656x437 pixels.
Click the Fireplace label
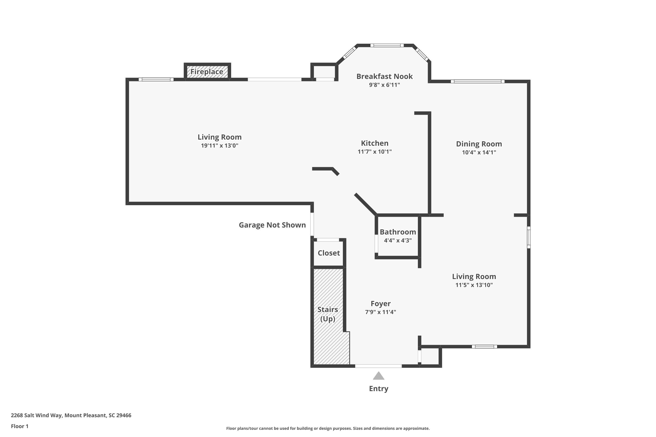pyautogui.click(x=207, y=72)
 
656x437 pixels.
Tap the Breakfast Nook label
pyautogui.click(x=384, y=76)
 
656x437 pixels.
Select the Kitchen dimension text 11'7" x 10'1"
pyautogui.click(x=375, y=152)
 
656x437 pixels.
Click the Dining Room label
pyautogui.click(x=479, y=144)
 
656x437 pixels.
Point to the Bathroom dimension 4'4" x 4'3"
pyautogui.click(x=398, y=240)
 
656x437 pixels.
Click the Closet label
pyautogui.click(x=329, y=253)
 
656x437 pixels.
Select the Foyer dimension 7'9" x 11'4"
pyautogui.click(x=380, y=312)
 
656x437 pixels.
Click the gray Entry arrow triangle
pyautogui.click(x=379, y=376)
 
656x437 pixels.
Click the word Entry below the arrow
pyautogui.click(x=379, y=388)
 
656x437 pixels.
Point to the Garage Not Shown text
pyautogui.click(x=272, y=225)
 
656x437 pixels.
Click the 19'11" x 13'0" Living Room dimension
pyautogui.click(x=220, y=146)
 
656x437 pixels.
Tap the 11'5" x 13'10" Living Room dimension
pyautogui.click(x=474, y=285)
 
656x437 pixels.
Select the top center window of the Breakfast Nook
pyautogui.click(x=387, y=45)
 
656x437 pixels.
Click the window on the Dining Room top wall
pyautogui.click(x=478, y=81)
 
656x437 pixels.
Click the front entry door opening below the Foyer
pyautogui.click(x=378, y=366)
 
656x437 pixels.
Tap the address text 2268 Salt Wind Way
pyautogui.click(x=71, y=415)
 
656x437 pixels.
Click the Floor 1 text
pyautogui.click(x=19, y=426)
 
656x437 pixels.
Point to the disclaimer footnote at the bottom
pyautogui.click(x=328, y=428)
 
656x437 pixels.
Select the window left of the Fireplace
pyautogui.click(x=156, y=80)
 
